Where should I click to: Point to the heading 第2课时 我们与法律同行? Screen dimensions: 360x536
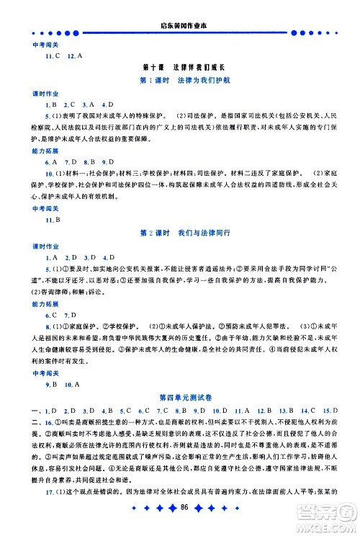click(180, 232)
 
